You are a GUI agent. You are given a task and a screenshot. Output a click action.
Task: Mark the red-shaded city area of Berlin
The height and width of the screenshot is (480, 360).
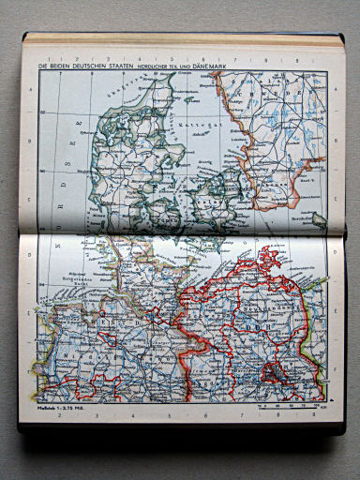[274, 373]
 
